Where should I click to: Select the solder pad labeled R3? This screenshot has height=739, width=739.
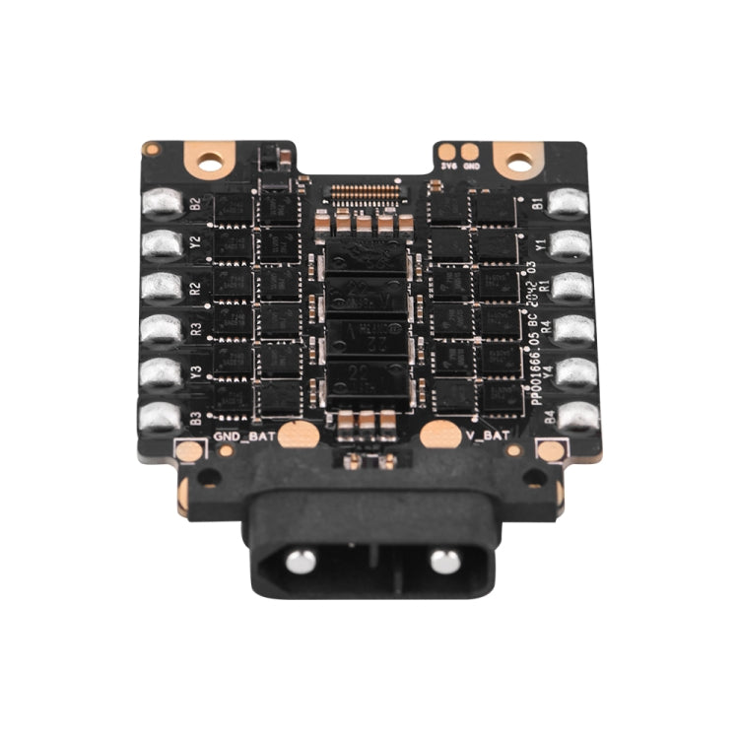click(x=161, y=329)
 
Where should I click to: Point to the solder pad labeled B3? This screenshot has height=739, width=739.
click(x=161, y=417)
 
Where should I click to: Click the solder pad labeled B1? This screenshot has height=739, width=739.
click(x=569, y=203)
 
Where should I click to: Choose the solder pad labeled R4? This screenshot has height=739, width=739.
click(x=573, y=330)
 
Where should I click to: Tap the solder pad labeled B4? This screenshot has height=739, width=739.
click(x=577, y=417)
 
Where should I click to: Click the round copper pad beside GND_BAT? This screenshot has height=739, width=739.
click(x=296, y=434)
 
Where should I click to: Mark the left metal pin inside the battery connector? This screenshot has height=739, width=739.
click(x=301, y=562)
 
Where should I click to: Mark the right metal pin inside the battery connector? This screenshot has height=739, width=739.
click(x=444, y=562)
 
